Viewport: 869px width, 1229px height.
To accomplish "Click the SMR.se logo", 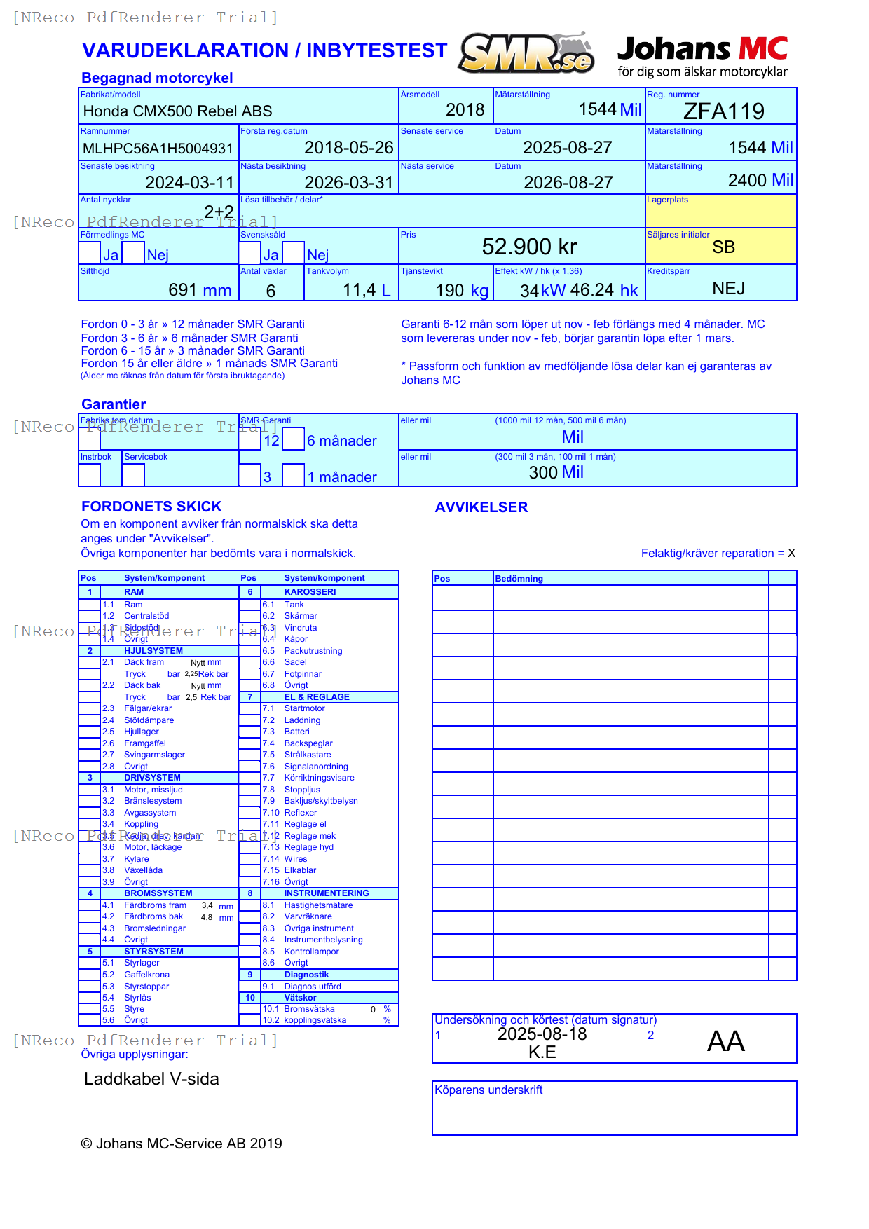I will (x=526, y=54).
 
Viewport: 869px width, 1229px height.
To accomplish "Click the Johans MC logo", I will (x=702, y=56).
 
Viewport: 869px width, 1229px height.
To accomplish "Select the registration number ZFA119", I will (x=723, y=111).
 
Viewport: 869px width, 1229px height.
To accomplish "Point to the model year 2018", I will (x=465, y=110).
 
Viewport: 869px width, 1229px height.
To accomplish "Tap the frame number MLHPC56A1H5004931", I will (x=158, y=149).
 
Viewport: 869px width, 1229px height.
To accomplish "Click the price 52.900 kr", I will (x=529, y=247).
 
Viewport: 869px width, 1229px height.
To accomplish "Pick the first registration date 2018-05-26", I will (x=348, y=148).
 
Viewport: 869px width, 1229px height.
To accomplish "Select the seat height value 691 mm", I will (x=200, y=290).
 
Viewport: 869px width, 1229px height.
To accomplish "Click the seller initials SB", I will (x=723, y=247).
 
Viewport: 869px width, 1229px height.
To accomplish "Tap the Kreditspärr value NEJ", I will (x=728, y=289).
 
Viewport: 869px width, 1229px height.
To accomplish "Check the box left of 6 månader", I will (x=293, y=439).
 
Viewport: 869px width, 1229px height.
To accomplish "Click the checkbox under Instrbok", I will (x=90, y=474).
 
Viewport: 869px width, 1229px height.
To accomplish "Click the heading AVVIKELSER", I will (x=481, y=507).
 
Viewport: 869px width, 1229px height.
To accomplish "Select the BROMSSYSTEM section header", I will (x=158, y=893).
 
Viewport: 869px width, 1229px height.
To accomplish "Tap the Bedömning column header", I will (x=519, y=579).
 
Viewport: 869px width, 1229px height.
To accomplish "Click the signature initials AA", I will (x=725, y=1041).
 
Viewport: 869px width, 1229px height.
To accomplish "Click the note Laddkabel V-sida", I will (x=151, y=1079).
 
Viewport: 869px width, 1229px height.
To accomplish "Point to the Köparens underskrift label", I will (x=488, y=1090).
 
